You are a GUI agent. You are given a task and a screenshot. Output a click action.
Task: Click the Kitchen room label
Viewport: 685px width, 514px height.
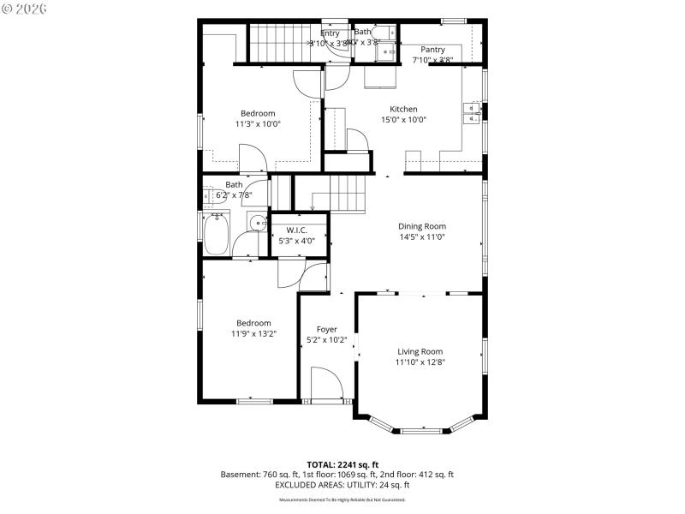click(x=403, y=109)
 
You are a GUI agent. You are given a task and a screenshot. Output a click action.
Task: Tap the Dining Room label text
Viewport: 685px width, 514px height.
click(x=422, y=226)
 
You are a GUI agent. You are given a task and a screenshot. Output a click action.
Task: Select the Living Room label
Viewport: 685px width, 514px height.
click(x=420, y=351)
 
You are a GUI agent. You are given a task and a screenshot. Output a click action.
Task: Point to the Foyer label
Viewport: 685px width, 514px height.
click(x=326, y=329)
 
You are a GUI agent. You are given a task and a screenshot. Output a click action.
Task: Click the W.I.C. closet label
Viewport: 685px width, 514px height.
click(x=296, y=230)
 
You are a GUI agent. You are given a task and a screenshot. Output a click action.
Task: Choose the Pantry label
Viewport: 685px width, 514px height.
click(x=432, y=50)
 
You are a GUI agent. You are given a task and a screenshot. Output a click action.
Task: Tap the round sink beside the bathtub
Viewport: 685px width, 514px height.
click(x=257, y=224)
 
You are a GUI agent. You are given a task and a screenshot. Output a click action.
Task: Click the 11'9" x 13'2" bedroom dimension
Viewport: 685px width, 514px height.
click(x=253, y=334)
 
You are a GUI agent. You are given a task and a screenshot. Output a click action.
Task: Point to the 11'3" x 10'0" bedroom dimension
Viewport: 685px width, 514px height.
click(x=258, y=124)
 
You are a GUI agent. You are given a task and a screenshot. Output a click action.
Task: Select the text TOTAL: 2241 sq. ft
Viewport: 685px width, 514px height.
click(x=342, y=464)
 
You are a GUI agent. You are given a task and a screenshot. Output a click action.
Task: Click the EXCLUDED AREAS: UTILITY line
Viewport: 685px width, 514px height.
click(x=342, y=484)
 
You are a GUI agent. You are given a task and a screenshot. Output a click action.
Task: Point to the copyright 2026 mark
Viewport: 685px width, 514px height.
click(x=25, y=9)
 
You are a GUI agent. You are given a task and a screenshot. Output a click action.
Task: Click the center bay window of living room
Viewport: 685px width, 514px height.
click(x=426, y=428)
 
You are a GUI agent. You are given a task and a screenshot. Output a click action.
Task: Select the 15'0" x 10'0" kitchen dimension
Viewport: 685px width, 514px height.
click(x=403, y=120)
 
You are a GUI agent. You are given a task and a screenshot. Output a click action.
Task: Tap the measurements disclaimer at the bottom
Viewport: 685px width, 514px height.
click(x=342, y=499)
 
